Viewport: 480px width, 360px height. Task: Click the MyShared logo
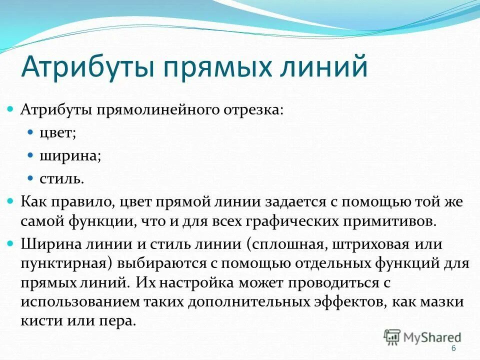pyautogui.click(x=422, y=336)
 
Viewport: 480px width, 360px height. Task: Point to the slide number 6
pyautogui.click(x=453, y=348)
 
